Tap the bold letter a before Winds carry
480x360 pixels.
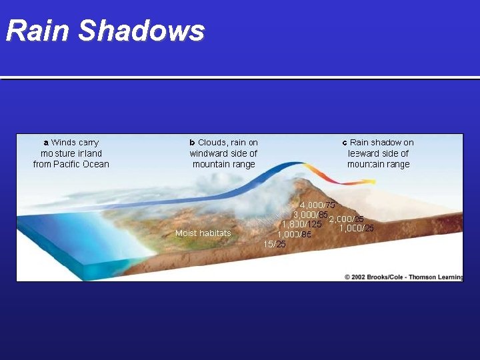(x=45, y=143)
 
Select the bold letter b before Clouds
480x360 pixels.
(x=192, y=143)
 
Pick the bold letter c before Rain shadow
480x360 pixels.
(x=345, y=143)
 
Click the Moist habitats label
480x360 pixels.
(x=203, y=233)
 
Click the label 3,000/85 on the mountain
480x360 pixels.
(x=310, y=215)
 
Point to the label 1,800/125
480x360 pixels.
(x=301, y=224)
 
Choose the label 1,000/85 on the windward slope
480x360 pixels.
(x=294, y=234)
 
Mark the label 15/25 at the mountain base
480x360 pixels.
(x=274, y=244)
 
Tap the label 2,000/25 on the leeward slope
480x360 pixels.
(x=346, y=219)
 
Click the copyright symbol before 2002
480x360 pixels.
(x=347, y=277)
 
